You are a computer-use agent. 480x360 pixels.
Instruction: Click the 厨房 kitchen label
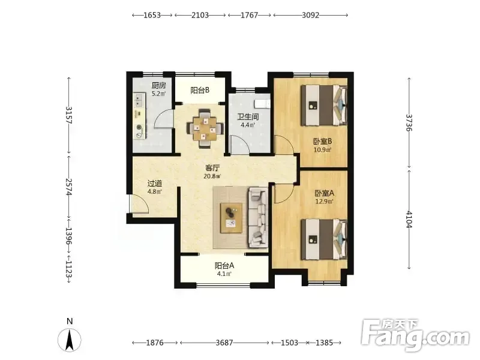point(159,85)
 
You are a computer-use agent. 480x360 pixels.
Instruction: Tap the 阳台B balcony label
point(200,91)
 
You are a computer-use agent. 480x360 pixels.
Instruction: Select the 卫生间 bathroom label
point(248,117)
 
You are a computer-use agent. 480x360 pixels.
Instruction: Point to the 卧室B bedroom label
point(323,142)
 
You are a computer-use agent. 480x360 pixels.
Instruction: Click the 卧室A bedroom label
point(325,193)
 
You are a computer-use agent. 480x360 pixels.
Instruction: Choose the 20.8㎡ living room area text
point(212,176)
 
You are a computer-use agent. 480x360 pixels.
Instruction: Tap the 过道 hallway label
point(155,184)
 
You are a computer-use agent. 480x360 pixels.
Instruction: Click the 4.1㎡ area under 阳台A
point(224,274)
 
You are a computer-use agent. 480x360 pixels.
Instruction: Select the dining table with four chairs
point(205,128)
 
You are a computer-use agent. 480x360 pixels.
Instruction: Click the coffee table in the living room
point(232,218)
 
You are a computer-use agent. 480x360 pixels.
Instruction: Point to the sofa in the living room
point(258,218)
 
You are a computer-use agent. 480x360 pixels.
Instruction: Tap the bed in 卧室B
point(324,106)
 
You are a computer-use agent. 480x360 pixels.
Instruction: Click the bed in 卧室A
point(324,239)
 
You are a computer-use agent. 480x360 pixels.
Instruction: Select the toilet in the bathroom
point(263,103)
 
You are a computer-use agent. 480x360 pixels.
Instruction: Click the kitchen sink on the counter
point(139,100)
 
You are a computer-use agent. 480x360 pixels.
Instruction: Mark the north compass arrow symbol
point(70,340)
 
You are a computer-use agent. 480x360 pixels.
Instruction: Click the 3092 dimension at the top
point(310,15)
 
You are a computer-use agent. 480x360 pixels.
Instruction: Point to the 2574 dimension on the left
point(69,187)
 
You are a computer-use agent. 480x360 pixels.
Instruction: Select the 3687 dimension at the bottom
point(224,343)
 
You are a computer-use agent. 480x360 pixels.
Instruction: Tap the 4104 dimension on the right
point(409,220)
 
